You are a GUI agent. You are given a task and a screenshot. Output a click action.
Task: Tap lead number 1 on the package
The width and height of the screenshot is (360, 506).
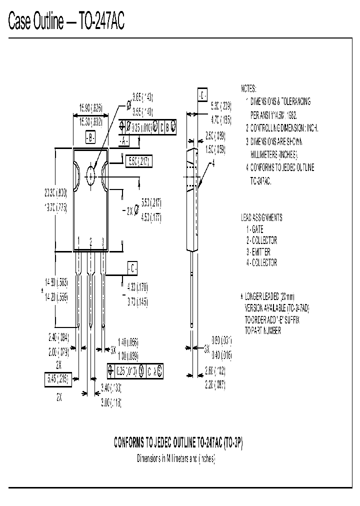(79, 242)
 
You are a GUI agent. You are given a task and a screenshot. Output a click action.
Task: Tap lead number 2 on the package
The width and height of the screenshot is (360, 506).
(90, 242)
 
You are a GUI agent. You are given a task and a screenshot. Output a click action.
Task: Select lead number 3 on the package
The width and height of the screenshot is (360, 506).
(102, 242)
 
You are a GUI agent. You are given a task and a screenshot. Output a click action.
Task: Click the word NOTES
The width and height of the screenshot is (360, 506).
(248, 88)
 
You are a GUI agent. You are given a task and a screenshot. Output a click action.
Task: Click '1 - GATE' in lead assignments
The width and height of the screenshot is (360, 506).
(254, 229)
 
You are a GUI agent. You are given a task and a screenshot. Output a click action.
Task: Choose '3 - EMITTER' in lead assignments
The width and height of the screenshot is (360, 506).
(258, 251)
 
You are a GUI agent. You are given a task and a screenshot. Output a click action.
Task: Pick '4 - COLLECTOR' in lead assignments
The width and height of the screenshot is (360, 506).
(261, 262)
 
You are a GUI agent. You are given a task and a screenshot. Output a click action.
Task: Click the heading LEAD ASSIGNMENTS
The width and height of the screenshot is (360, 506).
(261, 218)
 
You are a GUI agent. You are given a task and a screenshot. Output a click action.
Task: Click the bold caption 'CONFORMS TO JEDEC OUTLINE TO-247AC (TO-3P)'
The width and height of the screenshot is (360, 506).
(178, 443)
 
